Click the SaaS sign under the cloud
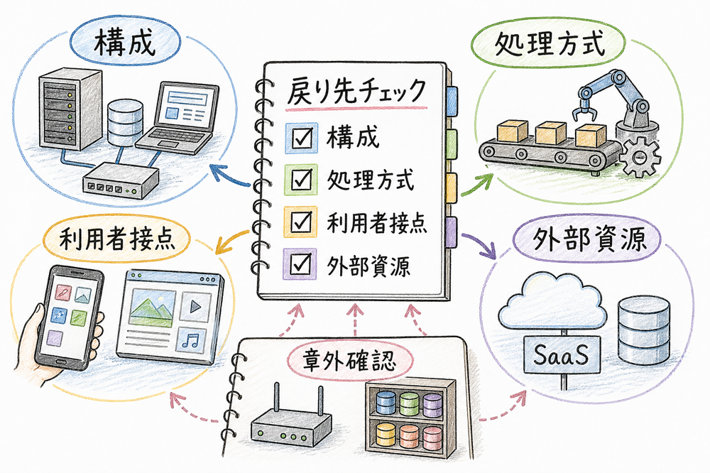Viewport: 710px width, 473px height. coord(562,352)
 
